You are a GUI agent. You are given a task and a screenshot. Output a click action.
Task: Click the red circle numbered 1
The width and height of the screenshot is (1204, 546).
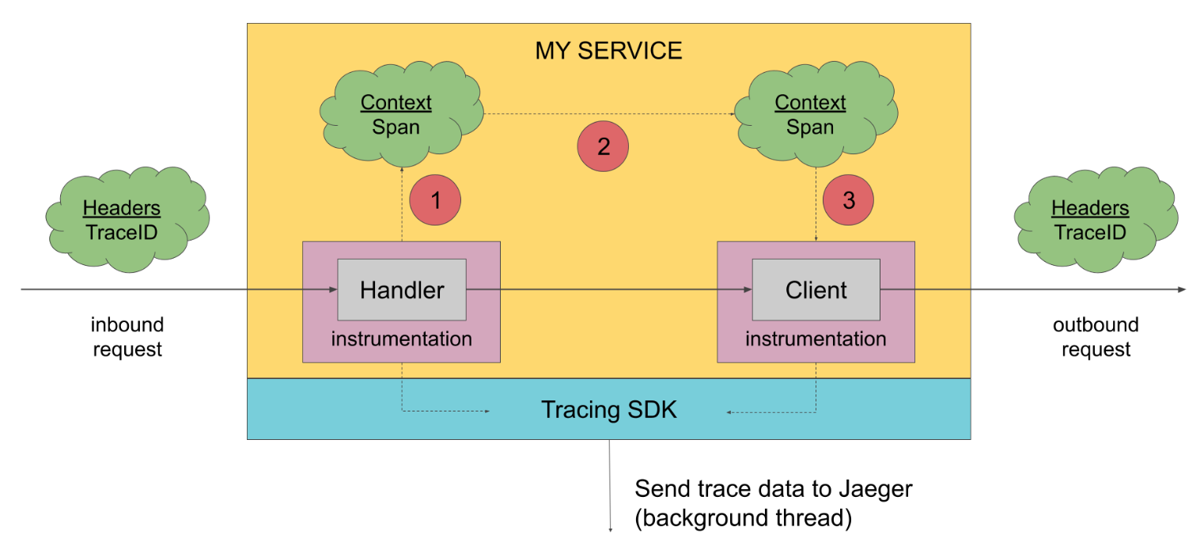click(435, 200)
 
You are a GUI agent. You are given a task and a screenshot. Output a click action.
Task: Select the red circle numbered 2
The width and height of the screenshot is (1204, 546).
click(603, 146)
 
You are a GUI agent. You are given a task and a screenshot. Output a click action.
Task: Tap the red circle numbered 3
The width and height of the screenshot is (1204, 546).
click(848, 200)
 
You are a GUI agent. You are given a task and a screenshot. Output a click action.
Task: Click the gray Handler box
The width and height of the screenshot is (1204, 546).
click(402, 290)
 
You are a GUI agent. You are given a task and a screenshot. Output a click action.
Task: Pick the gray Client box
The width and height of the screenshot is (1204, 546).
click(816, 290)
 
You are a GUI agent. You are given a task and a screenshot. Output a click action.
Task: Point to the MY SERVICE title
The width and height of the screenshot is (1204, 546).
click(608, 51)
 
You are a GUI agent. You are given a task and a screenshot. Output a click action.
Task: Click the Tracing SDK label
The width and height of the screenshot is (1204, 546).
click(608, 410)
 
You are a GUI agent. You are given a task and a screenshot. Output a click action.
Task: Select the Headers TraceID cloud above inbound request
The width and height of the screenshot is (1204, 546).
click(127, 219)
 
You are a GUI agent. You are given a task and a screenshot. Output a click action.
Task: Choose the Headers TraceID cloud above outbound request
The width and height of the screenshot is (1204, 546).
click(1096, 219)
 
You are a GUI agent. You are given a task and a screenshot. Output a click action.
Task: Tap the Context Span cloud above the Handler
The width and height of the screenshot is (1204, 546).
click(402, 114)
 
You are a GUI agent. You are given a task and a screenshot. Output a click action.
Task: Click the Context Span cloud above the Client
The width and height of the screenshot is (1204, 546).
click(816, 114)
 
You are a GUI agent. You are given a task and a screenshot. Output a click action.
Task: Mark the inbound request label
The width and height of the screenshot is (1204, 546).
click(127, 337)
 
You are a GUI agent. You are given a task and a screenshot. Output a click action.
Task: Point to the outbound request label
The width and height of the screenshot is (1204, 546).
click(1096, 337)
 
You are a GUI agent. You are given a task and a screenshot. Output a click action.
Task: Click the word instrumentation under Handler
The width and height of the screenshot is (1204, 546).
click(402, 339)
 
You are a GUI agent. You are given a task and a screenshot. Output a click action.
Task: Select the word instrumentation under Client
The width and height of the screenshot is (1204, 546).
click(816, 339)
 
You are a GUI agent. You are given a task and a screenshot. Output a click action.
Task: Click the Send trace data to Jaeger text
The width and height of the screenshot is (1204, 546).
click(774, 489)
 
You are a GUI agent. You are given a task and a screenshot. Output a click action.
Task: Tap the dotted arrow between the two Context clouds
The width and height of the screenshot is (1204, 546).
click(609, 114)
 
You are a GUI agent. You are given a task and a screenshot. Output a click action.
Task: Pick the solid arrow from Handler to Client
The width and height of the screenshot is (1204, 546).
click(609, 290)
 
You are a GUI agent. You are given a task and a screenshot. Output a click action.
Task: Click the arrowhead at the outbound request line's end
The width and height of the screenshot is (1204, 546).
click(1181, 290)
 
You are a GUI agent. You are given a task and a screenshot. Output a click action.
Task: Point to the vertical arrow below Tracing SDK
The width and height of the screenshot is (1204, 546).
click(610, 486)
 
